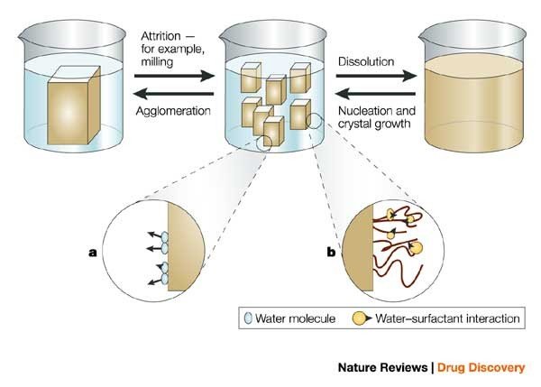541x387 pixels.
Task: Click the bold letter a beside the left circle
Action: point(92,253)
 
